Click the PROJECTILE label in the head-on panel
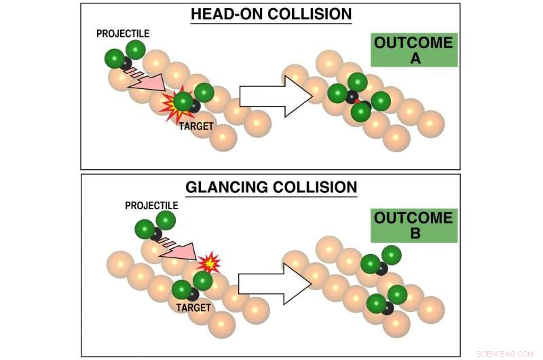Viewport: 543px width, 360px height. point(122,33)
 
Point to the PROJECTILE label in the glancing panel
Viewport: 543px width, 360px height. point(151,205)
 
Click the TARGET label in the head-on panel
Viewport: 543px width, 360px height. point(195,126)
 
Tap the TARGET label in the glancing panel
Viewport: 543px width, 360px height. point(193,308)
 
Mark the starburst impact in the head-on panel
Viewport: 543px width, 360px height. point(176,106)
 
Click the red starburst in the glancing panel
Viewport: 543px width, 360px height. point(209,261)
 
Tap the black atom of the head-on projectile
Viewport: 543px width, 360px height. point(126,63)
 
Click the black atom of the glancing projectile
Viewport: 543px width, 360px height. point(156,234)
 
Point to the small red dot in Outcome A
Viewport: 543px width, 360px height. point(358,101)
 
